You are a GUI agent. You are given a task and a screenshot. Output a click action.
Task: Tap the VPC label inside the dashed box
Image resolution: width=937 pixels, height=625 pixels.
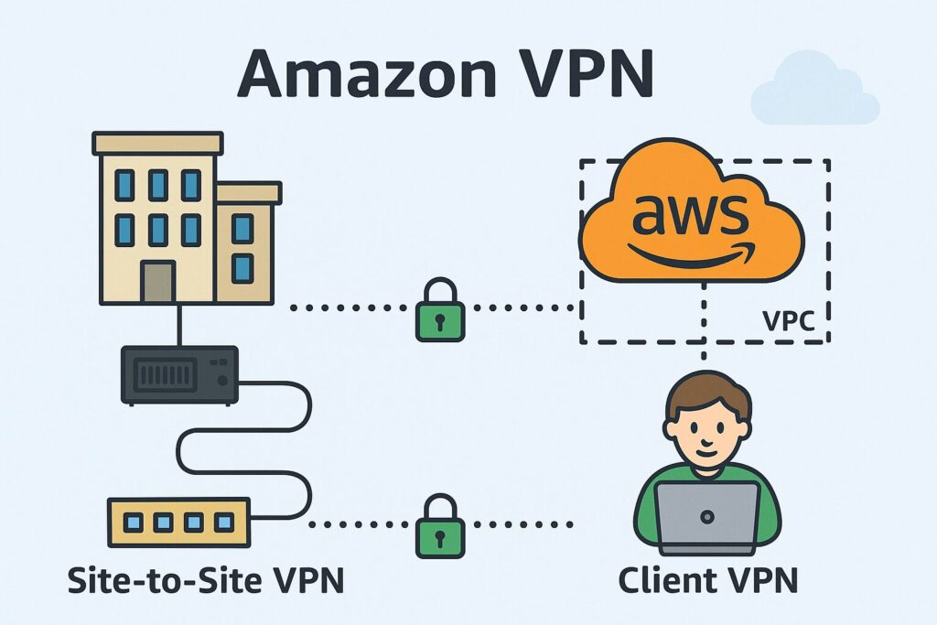click(x=789, y=322)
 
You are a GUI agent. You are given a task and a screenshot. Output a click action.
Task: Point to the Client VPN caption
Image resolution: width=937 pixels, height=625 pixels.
click(x=707, y=580)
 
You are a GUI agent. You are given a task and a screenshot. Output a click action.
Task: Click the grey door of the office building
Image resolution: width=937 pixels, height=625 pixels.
click(x=157, y=283)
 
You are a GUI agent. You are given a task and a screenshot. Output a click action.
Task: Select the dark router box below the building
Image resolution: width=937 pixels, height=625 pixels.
click(x=179, y=374)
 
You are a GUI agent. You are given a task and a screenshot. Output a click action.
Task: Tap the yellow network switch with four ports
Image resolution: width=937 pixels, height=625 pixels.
click(x=178, y=523)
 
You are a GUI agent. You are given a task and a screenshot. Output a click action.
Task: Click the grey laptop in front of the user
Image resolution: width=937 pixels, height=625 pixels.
click(x=707, y=517)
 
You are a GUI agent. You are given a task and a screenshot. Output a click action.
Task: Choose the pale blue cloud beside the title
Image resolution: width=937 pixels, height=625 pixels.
click(x=813, y=91)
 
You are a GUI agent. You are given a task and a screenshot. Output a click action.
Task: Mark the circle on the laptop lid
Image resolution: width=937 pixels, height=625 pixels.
click(x=707, y=517)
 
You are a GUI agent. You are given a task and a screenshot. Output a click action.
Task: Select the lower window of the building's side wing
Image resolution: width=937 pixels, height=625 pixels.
click(x=242, y=268)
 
